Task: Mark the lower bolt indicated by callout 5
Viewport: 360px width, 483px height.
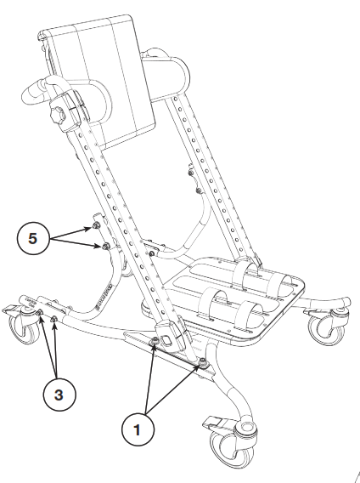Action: pos(104,247)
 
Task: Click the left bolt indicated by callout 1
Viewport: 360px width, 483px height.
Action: pos(155,342)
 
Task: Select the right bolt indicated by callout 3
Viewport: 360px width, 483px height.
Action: pos(55,320)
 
